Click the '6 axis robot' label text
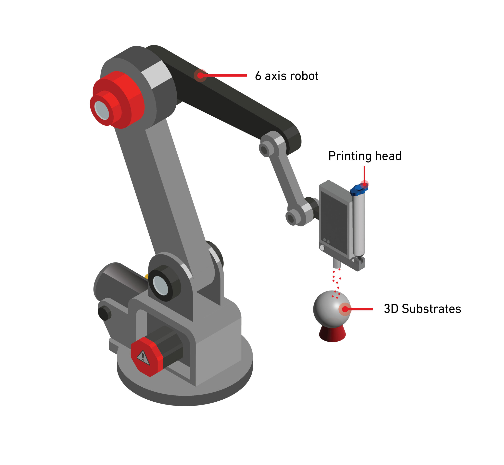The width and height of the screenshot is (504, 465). click(286, 76)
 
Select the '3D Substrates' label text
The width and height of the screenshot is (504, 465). click(422, 309)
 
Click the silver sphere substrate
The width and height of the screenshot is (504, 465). click(332, 309)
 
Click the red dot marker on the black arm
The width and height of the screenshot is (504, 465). click(200, 75)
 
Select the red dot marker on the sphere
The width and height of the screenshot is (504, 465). click(345, 309)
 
